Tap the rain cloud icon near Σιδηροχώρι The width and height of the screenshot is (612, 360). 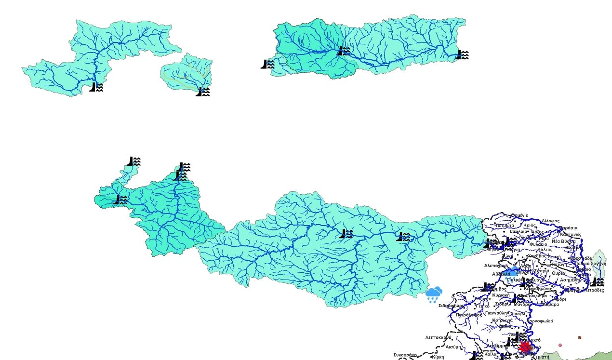click(434, 294)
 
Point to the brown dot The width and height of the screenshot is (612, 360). click(580, 338)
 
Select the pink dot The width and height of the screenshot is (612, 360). click(560, 345)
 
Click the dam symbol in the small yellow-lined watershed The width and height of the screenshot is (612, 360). click(203, 91)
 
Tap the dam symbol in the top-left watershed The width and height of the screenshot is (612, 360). click(96, 87)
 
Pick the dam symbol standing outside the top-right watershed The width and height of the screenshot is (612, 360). click(267, 64)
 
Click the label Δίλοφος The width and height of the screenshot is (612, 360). click(551, 221)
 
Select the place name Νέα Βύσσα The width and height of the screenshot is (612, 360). click(563, 241)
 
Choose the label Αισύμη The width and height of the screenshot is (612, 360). click(454, 347)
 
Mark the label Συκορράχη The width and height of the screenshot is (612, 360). click(405, 355)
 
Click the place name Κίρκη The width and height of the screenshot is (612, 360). click(438, 357)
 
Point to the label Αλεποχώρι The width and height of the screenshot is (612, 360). click(496, 266)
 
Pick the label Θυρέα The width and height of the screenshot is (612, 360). click(559, 273)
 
